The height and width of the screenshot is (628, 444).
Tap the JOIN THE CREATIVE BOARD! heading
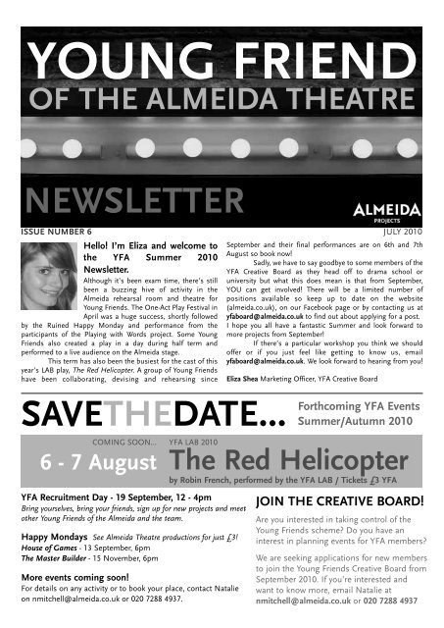click(338, 501)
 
